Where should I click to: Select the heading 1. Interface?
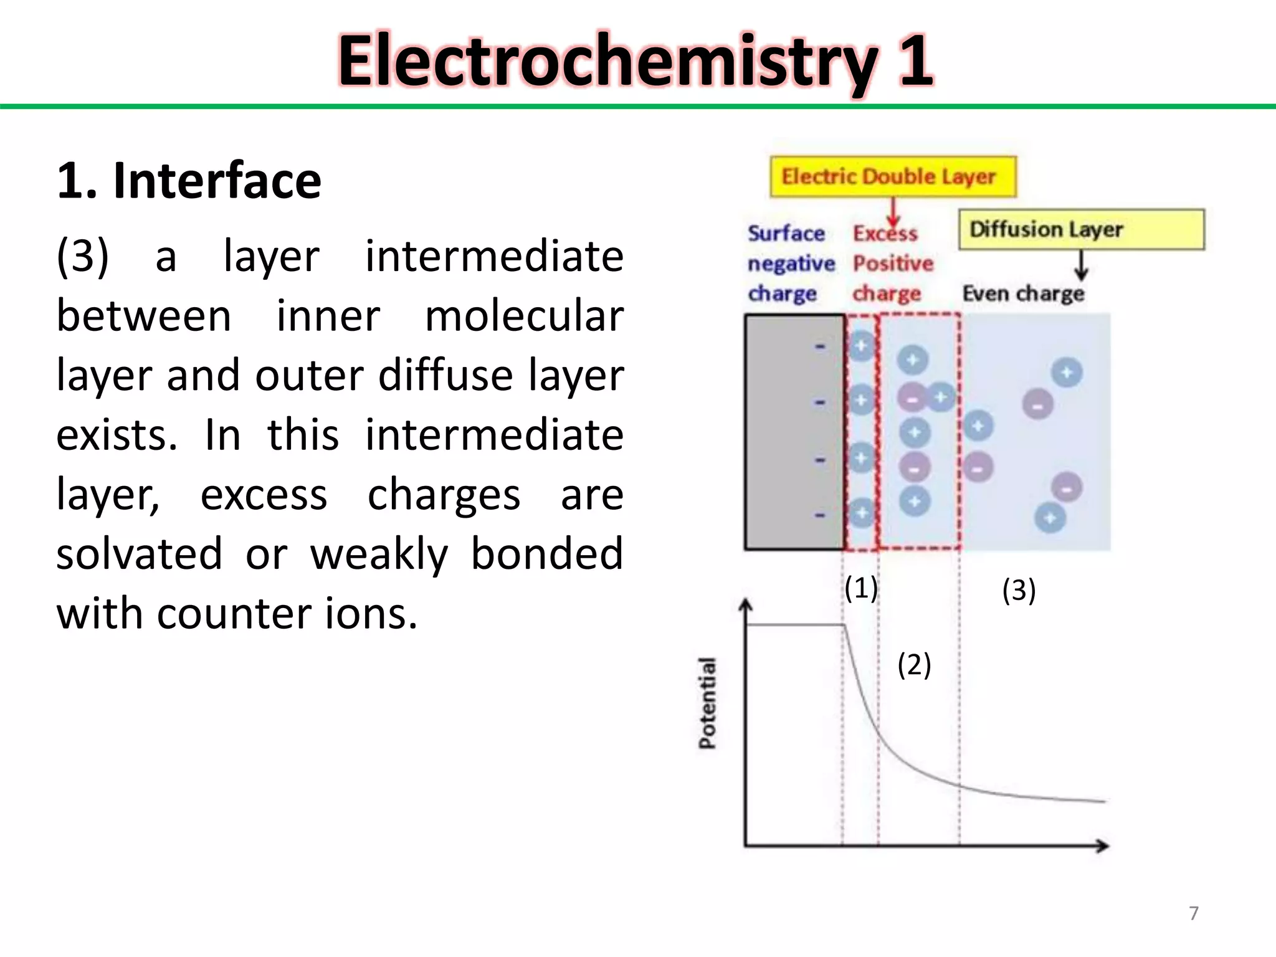click(189, 181)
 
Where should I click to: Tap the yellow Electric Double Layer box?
click(893, 177)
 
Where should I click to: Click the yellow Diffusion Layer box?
click(1081, 229)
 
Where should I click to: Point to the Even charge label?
click(1023, 293)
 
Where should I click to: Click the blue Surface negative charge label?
click(790, 263)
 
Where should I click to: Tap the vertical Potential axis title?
click(707, 703)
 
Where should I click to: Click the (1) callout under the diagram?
click(861, 588)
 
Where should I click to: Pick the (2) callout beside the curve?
click(914, 664)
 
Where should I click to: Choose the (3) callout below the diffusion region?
click(1019, 590)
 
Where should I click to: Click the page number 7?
click(1193, 913)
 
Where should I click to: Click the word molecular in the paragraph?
click(524, 316)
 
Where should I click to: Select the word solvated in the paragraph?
click(139, 553)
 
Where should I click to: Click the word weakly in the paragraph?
click(379, 553)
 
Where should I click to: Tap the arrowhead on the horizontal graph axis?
click(1103, 845)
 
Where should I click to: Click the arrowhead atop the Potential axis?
click(745, 604)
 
